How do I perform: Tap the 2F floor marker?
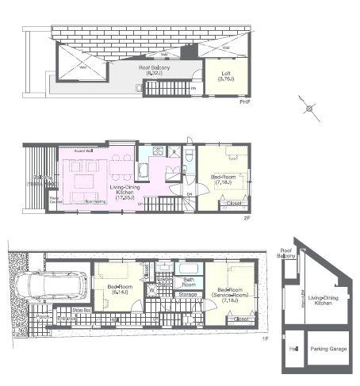click(x=247, y=217)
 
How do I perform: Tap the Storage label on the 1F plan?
click(x=188, y=294)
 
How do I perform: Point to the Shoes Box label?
click(x=81, y=310)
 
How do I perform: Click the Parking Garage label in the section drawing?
click(x=328, y=349)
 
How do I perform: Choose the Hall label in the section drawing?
click(x=293, y=349)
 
